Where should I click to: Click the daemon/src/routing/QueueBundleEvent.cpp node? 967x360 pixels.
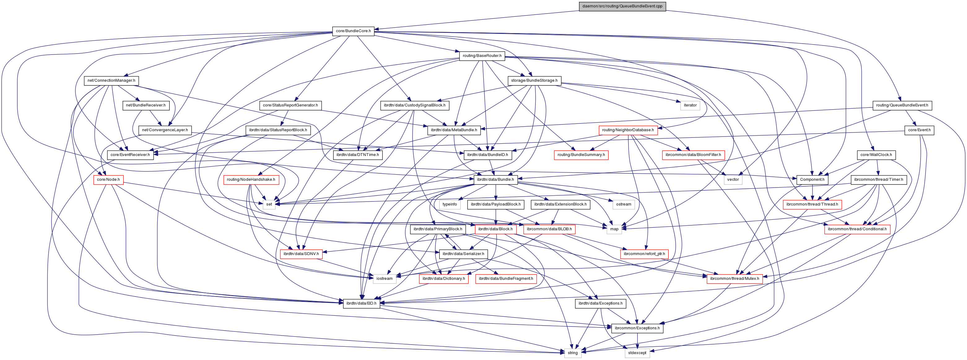pyautogui.click(x=622, y=7)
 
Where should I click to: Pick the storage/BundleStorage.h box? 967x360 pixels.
pyautogui.click(x=534, y=81)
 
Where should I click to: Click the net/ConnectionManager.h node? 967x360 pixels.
pyautogui.click(x=111, y=81)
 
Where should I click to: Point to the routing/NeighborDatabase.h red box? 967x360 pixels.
pyautogui.click(x=628, y=130)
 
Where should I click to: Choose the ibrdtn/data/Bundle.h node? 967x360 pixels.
pyautogui.click(x=495, y=180)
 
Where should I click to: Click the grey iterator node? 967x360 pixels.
pyautogui.click(x=690, y=106)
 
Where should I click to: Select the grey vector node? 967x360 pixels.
pyautogui.click(x=733, y=180)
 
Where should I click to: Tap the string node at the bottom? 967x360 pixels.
pyautogui.click(x=573, y=353)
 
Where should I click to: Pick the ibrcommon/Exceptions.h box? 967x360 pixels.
pyautogui.click(x=637, y=328)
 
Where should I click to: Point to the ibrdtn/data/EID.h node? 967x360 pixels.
pyautogui.click(x=361, y=303)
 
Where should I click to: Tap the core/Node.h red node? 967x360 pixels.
pyautogui.click(x=108, y=180)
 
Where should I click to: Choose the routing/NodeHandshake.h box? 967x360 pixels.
pyautogui.click(x=251, y=180)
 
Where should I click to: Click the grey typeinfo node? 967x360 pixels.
pyautogui.click(x=450, y=205)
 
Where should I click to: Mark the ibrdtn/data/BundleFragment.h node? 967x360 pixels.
pyautogui.click(x=506, y=279)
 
